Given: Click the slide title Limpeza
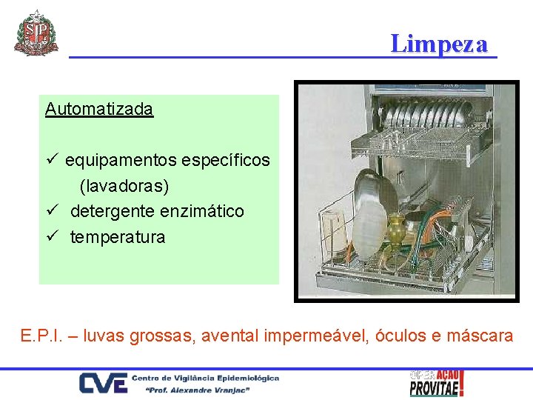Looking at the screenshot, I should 440,44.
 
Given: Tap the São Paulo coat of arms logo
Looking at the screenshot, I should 36,33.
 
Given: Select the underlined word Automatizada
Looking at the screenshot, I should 98,110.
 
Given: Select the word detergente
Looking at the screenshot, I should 112,212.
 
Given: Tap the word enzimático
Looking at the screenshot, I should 204,212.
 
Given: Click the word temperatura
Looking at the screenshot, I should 118,238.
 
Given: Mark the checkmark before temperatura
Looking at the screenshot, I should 51,237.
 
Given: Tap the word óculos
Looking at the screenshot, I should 399,336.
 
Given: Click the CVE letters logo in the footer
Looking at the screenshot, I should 102,384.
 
